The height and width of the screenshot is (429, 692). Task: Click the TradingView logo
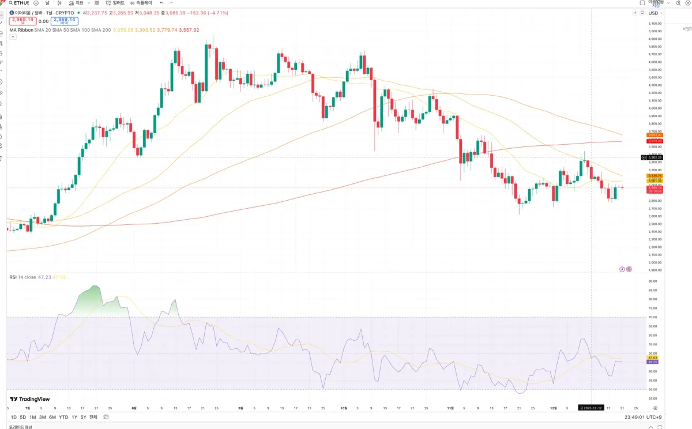[x=30, y=399]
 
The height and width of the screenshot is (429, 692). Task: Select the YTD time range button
[x=63, y=417]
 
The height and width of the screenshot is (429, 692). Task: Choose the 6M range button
[x=52, y=417]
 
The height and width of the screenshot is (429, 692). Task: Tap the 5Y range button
[x=83, y=417]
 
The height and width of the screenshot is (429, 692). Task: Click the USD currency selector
[x=653, y=13]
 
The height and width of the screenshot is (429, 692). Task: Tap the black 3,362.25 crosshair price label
[x=656, y=157]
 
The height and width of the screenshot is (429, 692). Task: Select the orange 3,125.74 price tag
[x=655, y=176]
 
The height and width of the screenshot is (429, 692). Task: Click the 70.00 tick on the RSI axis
[x=653, y=317]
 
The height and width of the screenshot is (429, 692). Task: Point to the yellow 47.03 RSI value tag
[x=653, y=357]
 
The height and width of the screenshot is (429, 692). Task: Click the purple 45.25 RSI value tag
[x=653, y=362]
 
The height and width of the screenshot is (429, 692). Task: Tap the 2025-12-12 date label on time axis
[x=592, y=408]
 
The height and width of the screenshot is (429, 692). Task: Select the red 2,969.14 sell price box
[x=23, y=21]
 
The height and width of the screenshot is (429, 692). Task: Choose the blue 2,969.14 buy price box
[x=64, y=21]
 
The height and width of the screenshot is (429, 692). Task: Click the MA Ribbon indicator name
[x=21, y=30]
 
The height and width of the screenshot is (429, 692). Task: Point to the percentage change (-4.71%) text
[x=216, y=13]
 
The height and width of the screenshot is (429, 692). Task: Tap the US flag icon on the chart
[x=629, y=269]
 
